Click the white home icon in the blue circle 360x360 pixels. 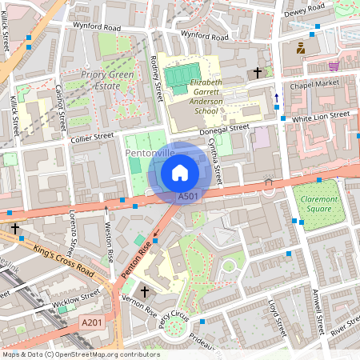coord(180,172)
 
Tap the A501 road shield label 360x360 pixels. coord(188,196)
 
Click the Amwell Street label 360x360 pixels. coord(318,312)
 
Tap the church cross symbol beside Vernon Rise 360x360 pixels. coord(144,291)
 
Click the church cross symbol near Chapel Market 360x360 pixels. coord(257,72)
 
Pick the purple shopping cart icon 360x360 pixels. coord(333,66)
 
